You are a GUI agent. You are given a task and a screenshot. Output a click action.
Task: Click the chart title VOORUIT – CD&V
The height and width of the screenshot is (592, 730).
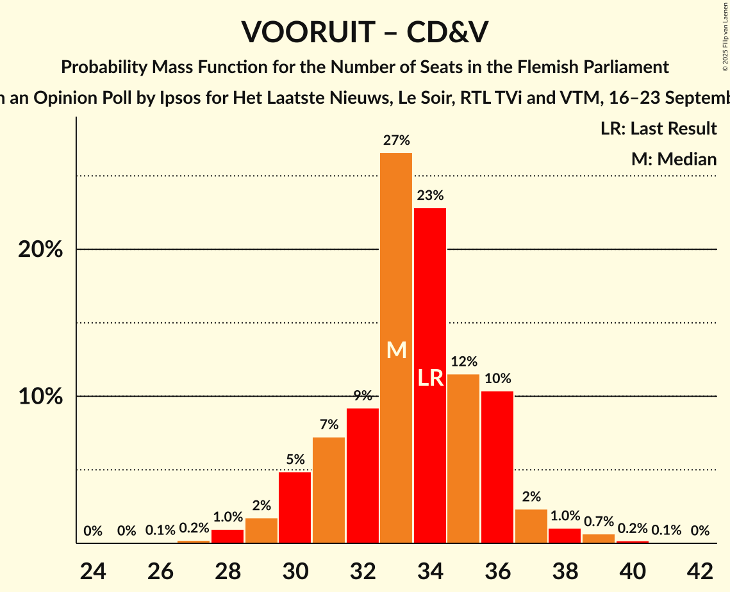(365, 32)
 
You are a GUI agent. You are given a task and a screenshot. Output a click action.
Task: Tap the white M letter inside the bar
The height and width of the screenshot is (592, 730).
(397, 350)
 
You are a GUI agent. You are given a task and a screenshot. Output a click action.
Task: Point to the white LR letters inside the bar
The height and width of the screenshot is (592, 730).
(430, 378)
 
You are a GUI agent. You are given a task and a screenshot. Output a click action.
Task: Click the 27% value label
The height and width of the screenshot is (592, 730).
(396, 140)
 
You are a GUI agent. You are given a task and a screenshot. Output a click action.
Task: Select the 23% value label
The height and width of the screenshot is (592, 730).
(430, 195)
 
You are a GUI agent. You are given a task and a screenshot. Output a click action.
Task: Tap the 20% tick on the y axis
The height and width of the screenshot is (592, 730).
(40, 249)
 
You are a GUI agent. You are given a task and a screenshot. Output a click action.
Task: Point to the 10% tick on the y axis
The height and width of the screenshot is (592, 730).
(40, 397)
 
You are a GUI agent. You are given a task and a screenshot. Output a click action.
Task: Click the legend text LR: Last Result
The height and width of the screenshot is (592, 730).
(658, 129)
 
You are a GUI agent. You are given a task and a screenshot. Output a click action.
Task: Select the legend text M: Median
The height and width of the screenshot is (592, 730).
(674, 159)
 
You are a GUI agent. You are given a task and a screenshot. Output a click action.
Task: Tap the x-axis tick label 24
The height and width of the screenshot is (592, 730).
(93, 570)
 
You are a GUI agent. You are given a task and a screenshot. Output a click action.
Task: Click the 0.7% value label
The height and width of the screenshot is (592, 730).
(599, 522)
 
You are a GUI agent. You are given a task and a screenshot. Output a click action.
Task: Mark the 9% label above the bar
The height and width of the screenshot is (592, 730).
(363, 396)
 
